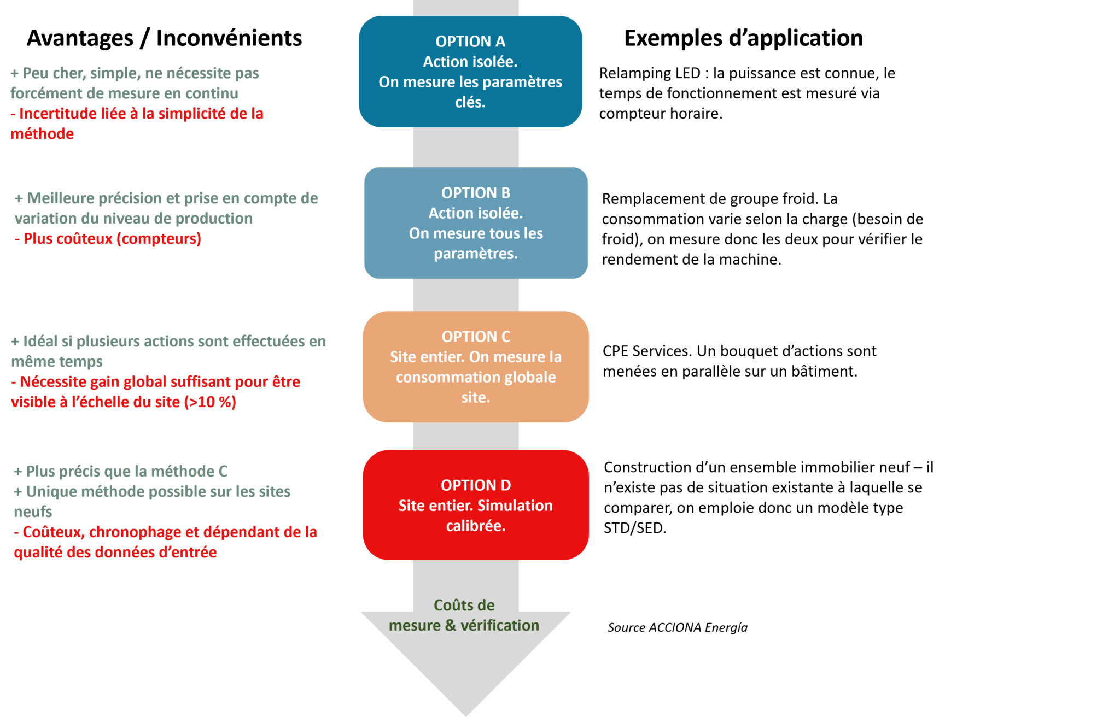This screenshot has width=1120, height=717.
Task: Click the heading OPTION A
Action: click(470, 42)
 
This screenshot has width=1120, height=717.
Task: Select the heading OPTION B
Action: click(476, 193)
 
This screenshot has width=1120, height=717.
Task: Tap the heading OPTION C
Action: click(476, 337)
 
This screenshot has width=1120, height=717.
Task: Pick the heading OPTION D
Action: click(476, 485)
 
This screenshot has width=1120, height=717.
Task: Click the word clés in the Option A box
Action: click(470, 102)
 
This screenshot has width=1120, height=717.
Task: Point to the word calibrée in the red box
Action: click(476, 526)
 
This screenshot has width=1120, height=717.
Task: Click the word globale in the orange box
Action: click(530, 377)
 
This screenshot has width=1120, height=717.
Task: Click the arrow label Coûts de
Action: click(464, 606)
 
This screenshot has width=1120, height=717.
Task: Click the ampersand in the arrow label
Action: click(451, 625)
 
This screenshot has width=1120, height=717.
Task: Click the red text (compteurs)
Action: click(159, 239)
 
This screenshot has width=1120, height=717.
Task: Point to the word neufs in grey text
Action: click(33, 512)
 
